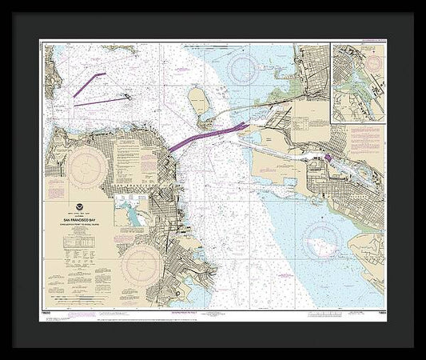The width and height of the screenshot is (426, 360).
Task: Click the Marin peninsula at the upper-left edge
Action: (x=50, y=60)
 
